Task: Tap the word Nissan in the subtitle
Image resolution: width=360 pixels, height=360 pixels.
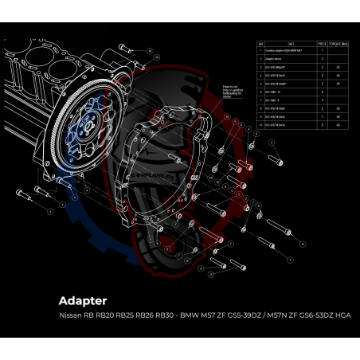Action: tap(71, 315)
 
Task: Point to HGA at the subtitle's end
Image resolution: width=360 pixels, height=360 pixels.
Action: tap(341, 315)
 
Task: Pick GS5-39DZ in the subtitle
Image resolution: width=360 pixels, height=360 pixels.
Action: tap(254, 315)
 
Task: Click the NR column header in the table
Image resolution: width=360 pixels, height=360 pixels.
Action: tap(260, 45)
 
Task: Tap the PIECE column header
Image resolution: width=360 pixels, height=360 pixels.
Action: tap(322, 45)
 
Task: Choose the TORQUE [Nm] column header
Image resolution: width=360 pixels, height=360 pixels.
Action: tap(340, 45)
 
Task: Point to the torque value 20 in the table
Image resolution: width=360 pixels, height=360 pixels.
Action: tap(339, 68)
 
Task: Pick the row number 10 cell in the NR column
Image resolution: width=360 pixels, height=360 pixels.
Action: tap(260, 124)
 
